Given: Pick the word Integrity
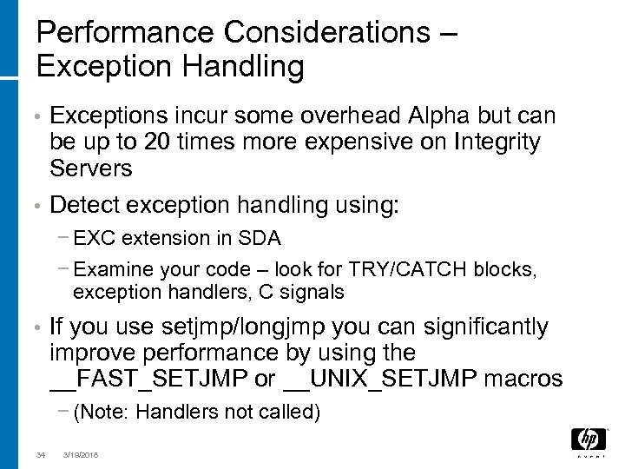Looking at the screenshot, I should coord(497,142).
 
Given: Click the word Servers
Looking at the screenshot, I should coord(92,168).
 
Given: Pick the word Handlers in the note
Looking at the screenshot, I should coord(170,412).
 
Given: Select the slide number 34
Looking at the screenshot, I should coord(41,452).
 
